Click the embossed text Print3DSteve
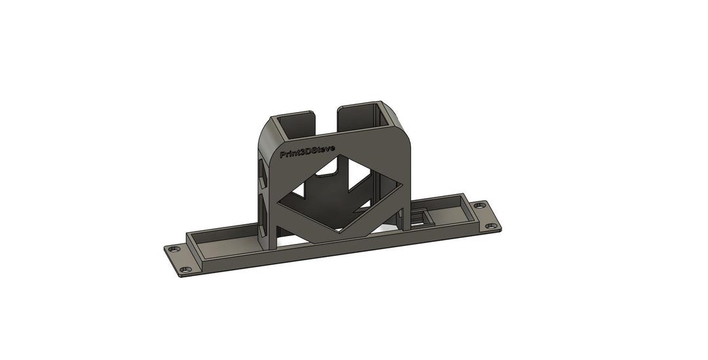(307, 152)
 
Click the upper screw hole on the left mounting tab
(173, 250)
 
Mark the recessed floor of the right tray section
(452, 213)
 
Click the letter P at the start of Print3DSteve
(283, 156)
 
